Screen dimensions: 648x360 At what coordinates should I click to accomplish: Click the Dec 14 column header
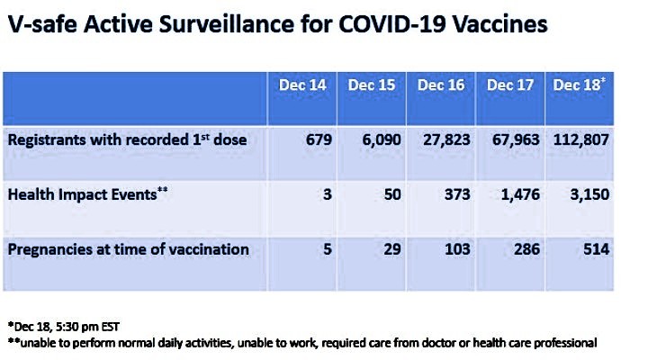302,85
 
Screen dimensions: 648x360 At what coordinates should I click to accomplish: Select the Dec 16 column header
441,85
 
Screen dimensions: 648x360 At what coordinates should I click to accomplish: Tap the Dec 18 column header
579,85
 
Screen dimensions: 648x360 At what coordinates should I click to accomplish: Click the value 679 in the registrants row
319,139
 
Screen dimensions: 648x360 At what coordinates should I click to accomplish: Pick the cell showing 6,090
382,140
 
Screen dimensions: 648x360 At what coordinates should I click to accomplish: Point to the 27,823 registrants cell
446,140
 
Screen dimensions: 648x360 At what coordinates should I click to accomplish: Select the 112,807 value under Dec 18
581,140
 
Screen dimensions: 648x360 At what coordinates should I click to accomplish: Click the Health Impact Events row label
87,194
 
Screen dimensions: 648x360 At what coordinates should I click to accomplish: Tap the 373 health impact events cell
457,194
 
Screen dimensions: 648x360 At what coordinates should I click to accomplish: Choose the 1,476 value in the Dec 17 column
520,194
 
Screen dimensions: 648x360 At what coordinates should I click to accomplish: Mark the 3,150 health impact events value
589,194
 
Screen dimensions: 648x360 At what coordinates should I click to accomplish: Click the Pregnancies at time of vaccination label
129,249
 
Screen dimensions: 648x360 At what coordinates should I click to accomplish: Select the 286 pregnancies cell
526,249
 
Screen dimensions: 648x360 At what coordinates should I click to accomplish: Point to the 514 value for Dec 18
597,249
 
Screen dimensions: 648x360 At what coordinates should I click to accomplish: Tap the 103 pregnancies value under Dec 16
457,249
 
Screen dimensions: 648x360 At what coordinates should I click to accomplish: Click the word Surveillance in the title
227,24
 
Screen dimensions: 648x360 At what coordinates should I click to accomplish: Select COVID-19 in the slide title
392,24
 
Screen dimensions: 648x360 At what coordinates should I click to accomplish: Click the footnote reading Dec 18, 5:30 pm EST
64,327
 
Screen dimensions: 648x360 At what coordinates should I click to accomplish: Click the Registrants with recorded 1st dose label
127,139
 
